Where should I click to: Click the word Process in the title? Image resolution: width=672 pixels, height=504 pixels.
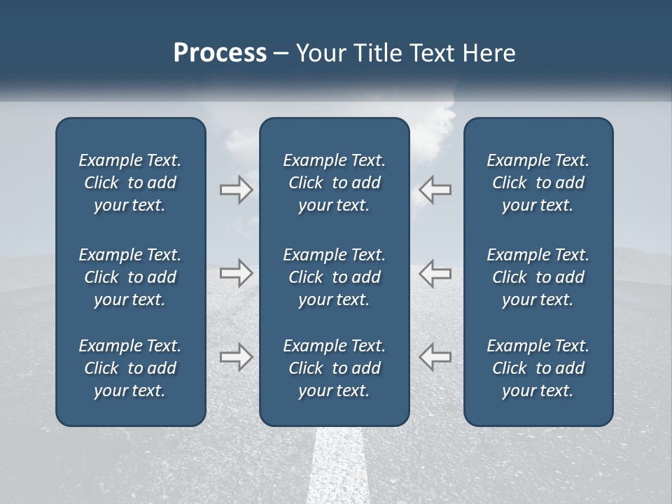coord(220,53)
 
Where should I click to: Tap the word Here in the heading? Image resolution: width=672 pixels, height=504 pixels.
coord(489,53)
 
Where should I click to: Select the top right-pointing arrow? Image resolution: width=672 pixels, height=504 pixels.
coord(236,190)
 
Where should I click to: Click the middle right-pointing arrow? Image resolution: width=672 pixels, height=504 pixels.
coord(236,273)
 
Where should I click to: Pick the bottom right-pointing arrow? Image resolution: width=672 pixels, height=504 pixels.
coord(236,357)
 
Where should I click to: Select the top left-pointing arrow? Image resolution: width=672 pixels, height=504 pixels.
coord(435,190)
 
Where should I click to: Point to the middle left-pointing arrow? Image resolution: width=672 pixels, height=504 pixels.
coord(435,273)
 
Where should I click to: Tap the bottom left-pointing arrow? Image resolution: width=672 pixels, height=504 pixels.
coord(435,357)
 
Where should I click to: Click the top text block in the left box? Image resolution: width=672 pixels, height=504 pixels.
coord(130,183)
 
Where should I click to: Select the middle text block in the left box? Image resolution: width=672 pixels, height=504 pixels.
coord(130,277)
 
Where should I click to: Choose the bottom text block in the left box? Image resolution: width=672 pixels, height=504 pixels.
coord(130,368)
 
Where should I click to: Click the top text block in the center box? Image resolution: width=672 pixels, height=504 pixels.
coord(334,183)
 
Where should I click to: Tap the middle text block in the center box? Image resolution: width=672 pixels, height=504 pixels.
coord(334,277)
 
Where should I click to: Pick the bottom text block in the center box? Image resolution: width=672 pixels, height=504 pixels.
coord(334,368)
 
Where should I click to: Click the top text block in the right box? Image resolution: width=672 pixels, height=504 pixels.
coord(538,183)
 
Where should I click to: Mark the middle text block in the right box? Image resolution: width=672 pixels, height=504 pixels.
coord(538,277)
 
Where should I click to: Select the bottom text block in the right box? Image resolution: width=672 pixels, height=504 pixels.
coord(538,368)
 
